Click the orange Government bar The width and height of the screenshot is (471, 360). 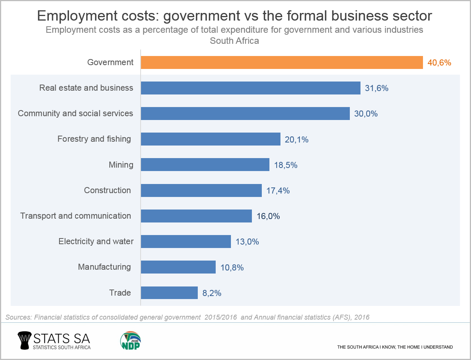(282, 62)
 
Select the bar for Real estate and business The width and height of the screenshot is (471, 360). (250, 88)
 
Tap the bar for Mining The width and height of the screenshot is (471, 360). (205, 165)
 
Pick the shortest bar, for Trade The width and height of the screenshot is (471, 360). (169, 293)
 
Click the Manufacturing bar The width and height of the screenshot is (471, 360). (178, 267)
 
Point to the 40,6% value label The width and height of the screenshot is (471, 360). (439, 62)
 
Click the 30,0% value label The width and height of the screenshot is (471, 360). (366, 114)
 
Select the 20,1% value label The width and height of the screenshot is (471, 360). (296, 139)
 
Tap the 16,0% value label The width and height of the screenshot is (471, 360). (268, 216)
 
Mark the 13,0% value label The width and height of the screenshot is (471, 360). (247, 242)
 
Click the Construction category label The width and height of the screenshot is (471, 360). (107, 190)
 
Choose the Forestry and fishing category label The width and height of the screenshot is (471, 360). (94, 139)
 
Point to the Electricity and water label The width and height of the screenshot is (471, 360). (96, 242)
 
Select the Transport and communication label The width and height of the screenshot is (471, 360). (75, 216)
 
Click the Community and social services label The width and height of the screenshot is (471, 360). (75, 114)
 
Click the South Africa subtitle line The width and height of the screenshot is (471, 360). (234, 41)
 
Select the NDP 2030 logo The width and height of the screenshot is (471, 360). (131, 340)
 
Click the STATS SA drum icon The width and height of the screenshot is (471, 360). (25, 340)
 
